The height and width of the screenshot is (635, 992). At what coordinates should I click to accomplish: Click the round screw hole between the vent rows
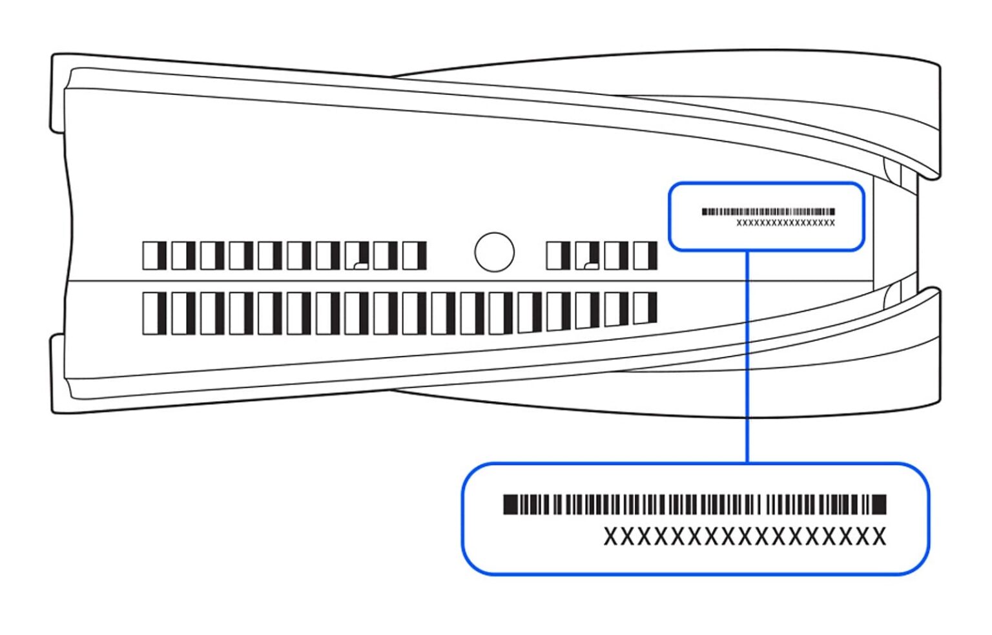click(494, 252)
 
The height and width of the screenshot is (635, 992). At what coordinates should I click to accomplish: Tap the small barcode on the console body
click(768, 211)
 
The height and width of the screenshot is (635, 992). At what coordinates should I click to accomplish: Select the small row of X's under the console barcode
click(785, 223)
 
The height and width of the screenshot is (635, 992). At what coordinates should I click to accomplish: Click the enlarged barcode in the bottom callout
click(694, 504)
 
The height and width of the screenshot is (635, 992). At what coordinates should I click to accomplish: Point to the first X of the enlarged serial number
click(611, 536)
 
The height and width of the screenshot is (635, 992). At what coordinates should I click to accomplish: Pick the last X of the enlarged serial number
click(878, 536)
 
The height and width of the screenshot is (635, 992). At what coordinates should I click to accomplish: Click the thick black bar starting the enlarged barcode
click(510, 504)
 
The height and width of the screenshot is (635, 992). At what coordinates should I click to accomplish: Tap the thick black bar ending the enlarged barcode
click(880, 504)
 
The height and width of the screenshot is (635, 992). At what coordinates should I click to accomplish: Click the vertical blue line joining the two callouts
click(747, 355)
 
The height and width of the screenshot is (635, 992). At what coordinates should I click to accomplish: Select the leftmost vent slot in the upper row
click(154, 256)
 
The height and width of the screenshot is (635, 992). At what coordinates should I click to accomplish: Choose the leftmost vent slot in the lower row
click(154, 313)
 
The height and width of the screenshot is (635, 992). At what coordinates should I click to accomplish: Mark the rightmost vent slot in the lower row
click(645, 307)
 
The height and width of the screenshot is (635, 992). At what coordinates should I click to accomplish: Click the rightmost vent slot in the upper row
click(645, 256)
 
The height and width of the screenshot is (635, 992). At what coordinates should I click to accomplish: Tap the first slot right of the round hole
click(558, 256)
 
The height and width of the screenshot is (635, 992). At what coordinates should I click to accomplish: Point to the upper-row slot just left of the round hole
click(414, 256)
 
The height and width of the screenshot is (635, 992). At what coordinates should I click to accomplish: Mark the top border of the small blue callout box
click(766, 183)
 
